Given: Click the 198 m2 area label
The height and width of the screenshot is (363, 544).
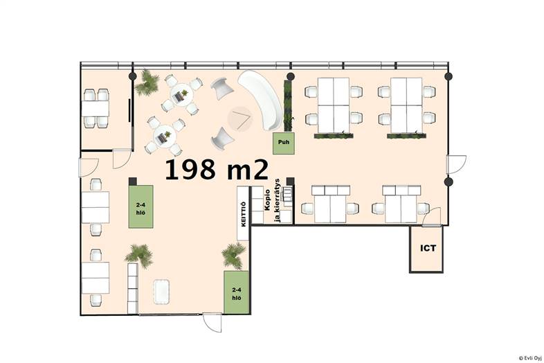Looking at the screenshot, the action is tap(217, 170).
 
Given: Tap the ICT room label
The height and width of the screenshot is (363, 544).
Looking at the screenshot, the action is tap(428, 249).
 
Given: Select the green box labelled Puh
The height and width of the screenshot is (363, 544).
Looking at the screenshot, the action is tap(284, 143).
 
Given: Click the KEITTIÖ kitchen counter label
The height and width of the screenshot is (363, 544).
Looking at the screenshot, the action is tap(243, 214).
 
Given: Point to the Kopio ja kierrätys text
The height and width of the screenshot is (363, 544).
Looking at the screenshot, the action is tap(273, 200).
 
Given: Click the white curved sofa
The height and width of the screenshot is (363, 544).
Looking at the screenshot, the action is tap(261, 99).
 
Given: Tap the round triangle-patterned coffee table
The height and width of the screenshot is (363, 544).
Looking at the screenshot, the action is tap(239, 118).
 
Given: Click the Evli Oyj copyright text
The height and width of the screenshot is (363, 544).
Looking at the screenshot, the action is tap(530, 357).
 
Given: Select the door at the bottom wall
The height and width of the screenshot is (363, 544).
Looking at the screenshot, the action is tap(212, 322).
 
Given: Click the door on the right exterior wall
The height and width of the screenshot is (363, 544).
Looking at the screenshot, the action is tap(456, 165).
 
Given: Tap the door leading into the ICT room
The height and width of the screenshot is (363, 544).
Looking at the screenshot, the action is tap(431, 218).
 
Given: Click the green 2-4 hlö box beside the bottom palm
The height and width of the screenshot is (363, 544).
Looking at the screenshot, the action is tap(236, 292).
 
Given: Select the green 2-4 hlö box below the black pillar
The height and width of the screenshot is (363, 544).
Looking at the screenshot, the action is tap(141, 206).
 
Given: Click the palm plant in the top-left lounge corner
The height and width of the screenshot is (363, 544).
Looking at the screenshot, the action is tap(147, 82).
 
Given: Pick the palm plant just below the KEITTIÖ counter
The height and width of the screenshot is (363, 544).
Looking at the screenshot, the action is tap(234, 256).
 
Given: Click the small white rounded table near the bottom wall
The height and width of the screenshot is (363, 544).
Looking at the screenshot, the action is tap(162, 292).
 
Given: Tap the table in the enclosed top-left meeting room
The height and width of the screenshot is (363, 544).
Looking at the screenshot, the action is tap(96, 108).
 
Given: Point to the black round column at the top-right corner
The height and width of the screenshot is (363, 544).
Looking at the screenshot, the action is tap(448, 76).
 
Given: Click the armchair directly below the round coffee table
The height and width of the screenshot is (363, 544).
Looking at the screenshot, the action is tap(223, 139).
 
